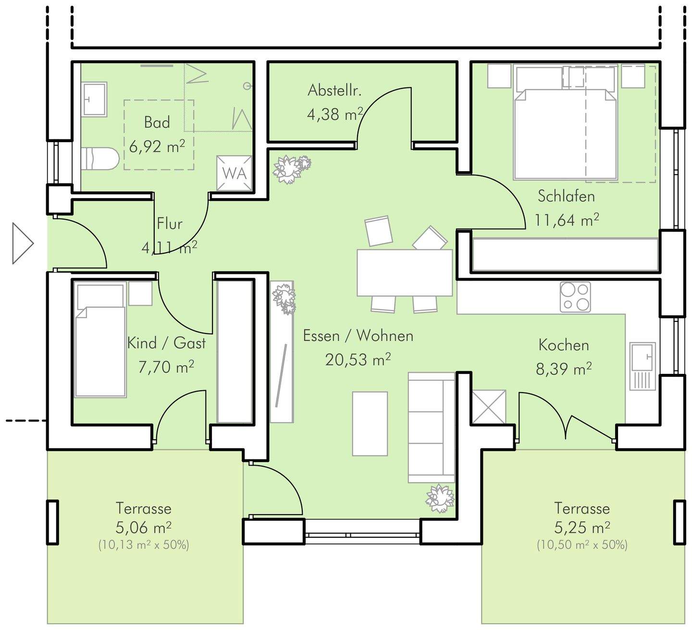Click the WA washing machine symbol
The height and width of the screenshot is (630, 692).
pos(234,173)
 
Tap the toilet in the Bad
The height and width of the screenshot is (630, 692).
pos(100,159)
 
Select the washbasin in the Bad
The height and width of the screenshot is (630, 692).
pos(94,99)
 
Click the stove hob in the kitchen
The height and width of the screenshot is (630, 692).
pos(575,297)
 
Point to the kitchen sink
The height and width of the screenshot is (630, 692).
pos(643,366)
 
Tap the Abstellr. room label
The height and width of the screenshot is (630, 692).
pos(334,90)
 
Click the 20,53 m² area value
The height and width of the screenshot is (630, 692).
pos(358,359)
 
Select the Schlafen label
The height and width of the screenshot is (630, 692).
pos(566,196)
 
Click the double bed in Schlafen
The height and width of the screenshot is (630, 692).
pos(565,122)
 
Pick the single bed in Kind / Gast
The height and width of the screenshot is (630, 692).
pos(100,340)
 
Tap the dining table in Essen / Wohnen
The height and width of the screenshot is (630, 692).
pos(404,272)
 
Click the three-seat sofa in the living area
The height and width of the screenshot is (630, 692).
pos(431,427)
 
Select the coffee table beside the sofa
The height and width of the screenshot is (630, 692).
pos(370,424)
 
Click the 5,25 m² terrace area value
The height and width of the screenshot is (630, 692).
pos(582,527)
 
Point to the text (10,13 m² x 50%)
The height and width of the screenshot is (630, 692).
pos(144,545)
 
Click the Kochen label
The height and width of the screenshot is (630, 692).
pos(564,345)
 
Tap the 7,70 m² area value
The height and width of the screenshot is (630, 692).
pos(166,366)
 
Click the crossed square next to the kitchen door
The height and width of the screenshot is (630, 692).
pos(488,407)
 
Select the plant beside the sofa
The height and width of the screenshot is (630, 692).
pos(440,498)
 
